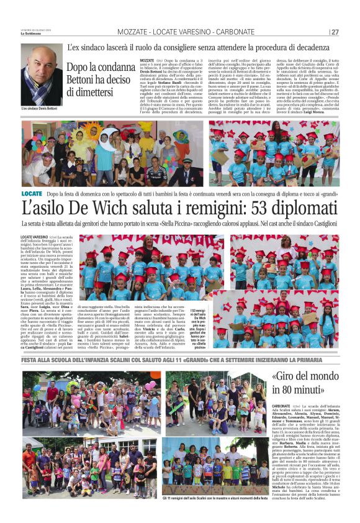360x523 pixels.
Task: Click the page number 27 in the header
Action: (x=335, y=32)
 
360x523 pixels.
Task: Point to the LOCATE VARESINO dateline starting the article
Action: (x=35, y=237)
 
